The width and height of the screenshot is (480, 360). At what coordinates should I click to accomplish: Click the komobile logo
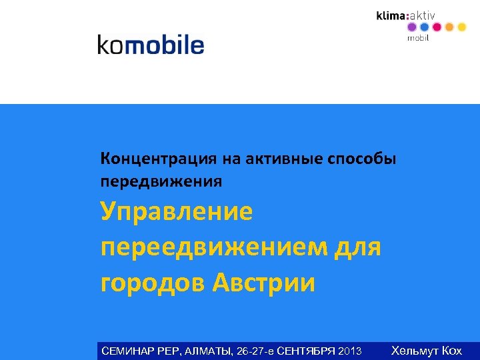[151, 45]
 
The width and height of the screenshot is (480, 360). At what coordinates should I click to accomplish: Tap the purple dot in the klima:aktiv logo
[411, 27]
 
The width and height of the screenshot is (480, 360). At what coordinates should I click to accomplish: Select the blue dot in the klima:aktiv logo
[424, 27]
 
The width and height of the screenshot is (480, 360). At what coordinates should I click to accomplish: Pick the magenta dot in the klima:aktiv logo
[437, 27]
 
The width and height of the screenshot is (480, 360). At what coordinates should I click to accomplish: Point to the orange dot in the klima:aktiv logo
[449, 27]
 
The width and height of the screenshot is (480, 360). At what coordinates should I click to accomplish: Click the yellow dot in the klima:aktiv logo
[461, 27]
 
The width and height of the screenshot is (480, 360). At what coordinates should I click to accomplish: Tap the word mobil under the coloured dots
[418, 39]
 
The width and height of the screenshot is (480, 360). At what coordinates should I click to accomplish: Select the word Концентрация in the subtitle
[158, 159]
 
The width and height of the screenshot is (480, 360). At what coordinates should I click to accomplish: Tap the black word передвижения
[161, 181]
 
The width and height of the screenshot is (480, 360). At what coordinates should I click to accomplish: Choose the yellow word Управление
[177, 213]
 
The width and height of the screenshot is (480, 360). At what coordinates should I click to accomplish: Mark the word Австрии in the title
[263, 283]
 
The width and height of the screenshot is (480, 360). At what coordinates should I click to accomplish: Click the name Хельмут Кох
[427, 351]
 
